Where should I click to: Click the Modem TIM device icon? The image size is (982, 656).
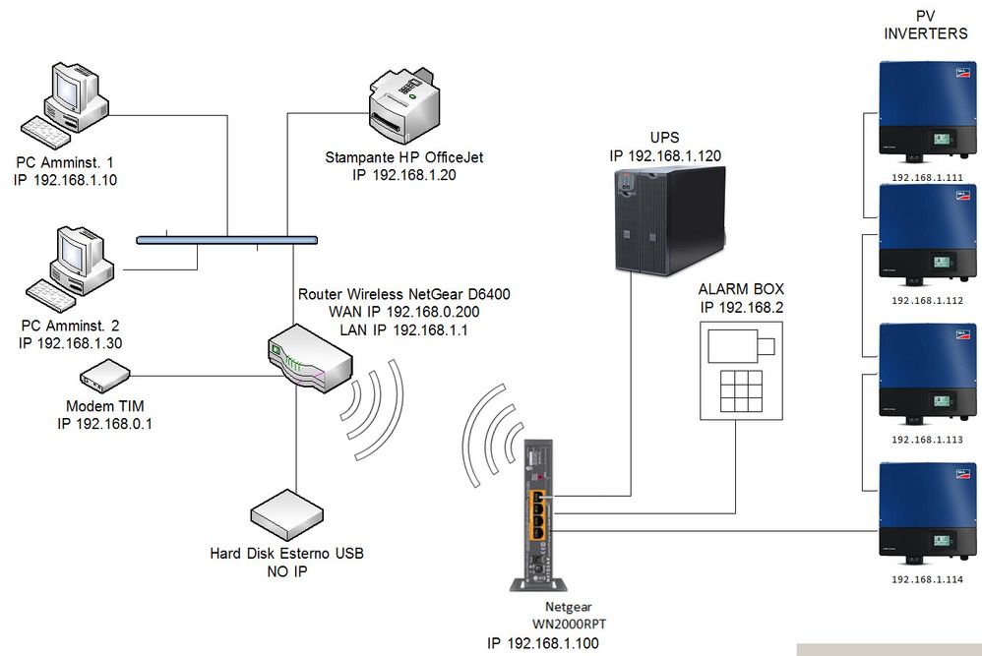coord(104,376)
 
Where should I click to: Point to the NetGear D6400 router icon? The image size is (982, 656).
coord(308,360)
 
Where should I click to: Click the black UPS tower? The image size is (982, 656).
coord(670,218)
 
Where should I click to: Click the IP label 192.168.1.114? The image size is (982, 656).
coord(926,579)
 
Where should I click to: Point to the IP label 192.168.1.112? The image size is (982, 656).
coord(926,301)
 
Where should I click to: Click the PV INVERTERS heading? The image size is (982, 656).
coord(926,26)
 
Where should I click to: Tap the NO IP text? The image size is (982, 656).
coord(286,570)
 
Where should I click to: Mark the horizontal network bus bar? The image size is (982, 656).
coord(226,239)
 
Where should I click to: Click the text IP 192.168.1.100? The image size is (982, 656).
coord(543,643)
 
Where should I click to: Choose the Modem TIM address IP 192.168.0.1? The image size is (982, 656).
coord(109,424)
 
